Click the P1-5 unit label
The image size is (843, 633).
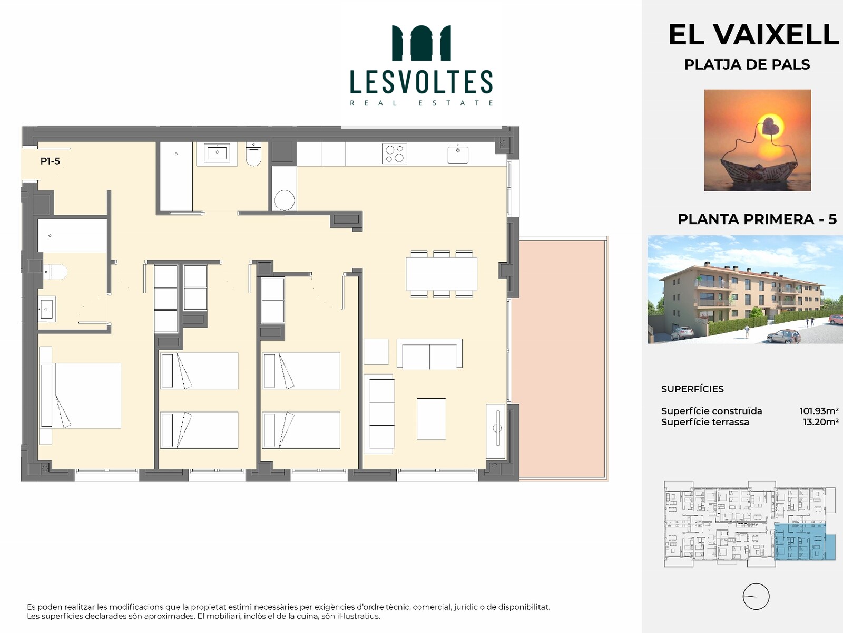(50, 161)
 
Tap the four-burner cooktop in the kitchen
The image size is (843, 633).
(395, 154)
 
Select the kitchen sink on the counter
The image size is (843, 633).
(458, 154)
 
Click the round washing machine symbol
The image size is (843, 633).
(284, 200)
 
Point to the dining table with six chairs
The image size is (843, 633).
(442, 274)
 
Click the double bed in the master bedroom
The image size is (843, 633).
(81, 396)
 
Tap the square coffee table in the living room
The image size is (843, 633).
(432, 418)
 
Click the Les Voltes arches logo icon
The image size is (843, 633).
(421, 43)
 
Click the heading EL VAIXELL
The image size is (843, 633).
(753, 35)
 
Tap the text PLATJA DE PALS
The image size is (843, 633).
(747, 64)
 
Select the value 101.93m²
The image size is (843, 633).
(819, 411)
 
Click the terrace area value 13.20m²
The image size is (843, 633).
(821, 422)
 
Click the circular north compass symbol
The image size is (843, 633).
(756, 597)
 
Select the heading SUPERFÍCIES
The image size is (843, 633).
(692, 389)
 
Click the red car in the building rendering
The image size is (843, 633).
(836, 319)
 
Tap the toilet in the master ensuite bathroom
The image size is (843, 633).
(56, 272)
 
